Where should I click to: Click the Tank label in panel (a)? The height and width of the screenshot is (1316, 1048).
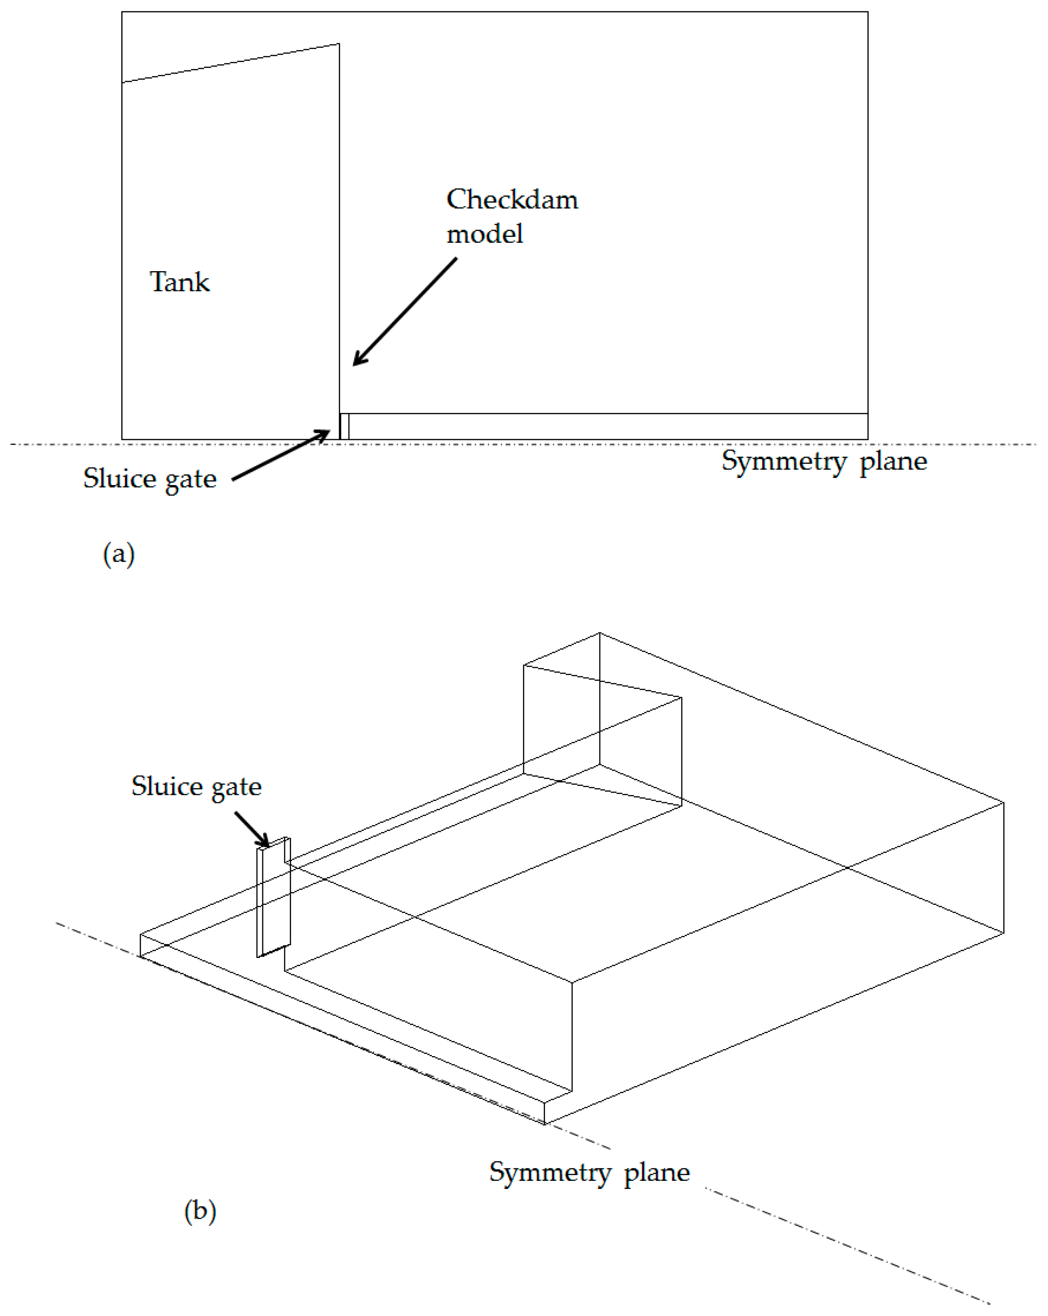(179, 282)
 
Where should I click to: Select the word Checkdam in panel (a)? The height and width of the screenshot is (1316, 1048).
(511, 200)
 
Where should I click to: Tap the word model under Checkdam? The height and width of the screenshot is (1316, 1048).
(484, 234)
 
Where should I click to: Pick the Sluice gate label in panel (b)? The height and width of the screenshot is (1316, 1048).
(196, 786)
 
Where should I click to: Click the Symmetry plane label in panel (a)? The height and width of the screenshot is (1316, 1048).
(824, 461)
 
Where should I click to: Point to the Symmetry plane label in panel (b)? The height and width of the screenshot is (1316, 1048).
(589, 1173)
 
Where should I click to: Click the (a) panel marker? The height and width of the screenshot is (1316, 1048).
(119, 554)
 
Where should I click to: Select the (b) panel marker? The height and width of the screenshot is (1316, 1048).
(200, 1211)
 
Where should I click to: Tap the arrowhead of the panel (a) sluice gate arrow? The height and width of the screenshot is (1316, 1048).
(323, 433)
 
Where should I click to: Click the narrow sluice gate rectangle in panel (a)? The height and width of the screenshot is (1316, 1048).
(344, 426)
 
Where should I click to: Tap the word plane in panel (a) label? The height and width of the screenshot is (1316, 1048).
(893, 461)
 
